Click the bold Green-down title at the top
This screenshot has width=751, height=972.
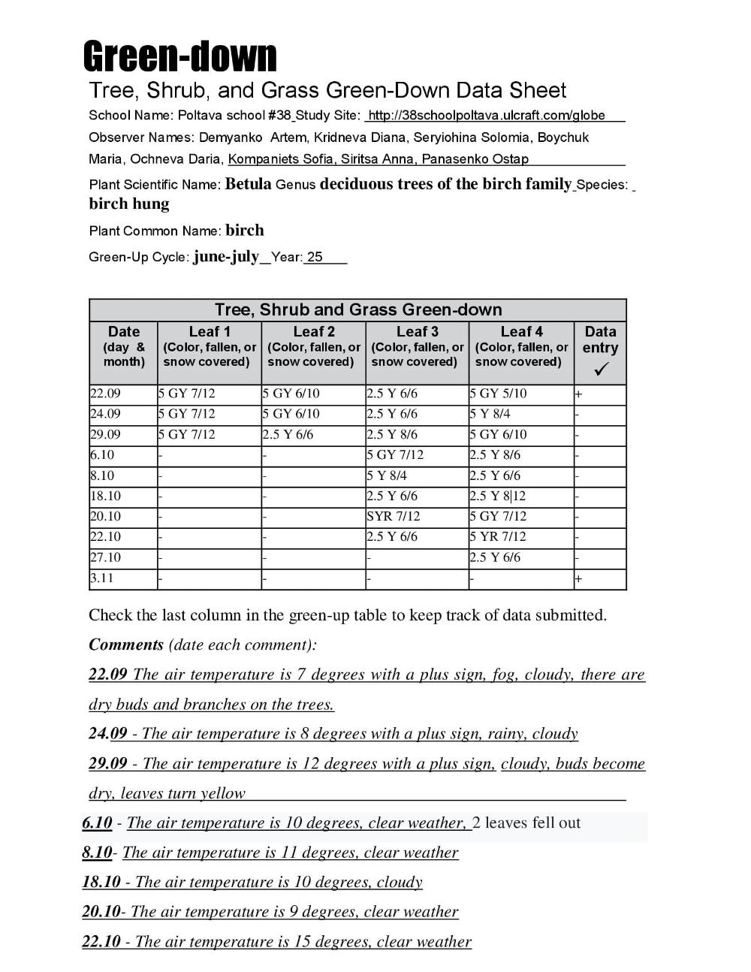pyautogui.click(x=179, y=56)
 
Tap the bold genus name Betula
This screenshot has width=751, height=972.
pyautogui.click(x=248, y=184)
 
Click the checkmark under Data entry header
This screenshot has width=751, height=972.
pyautogui.click(x=600, y=370)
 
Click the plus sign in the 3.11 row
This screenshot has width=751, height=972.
pyautogui.click(x=578, y=579)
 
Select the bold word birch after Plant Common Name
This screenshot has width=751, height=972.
pyautogui.click(x=245, y=231)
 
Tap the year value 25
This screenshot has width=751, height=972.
pyautogui.click(x=315, y=257)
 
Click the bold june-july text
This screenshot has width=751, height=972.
pyautogui.click(x=226, y=257)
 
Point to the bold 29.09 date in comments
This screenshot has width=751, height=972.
pyautogui.click(x=108, y=764)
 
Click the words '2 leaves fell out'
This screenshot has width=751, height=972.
pyautogui.click(x=527, y=823)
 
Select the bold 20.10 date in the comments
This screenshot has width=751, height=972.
pyautogui.click(x=101, y=912)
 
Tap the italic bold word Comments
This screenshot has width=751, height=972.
pyautogui.click(x=126, y=644)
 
